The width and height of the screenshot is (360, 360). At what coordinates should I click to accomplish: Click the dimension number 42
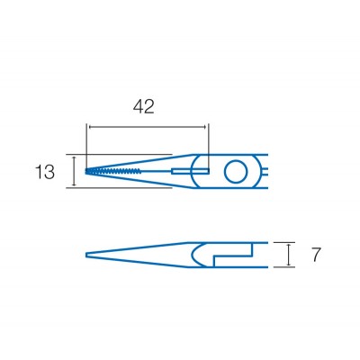click(144, 107)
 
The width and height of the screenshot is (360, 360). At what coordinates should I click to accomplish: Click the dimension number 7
click(316, 256)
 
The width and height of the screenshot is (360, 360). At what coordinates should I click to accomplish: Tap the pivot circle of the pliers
click(238, 170)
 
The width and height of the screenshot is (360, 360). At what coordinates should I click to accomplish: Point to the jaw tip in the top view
click(87, 170)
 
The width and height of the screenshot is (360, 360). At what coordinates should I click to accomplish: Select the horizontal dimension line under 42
click(148, 128)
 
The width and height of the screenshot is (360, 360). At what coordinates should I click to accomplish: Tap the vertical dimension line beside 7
click(289, 255)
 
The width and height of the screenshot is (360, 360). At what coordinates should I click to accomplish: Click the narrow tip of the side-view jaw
click(87, 255)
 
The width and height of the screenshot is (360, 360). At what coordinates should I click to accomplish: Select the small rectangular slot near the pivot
click(199, 170)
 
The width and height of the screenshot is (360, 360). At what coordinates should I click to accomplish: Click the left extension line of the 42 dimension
click(87, 139)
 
